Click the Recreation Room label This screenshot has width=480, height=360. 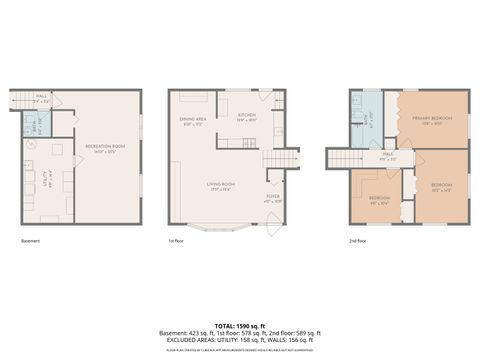pyautogui.click(x=105, y=149)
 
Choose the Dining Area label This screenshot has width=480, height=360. pyautogui.click(x=193, y=120)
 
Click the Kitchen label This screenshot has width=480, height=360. pyautogui.click(x=247, y=116)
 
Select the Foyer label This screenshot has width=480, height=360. pyautogui.click(x=272, y=198)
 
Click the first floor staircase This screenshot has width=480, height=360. pyautogui.click(x=282, y=158)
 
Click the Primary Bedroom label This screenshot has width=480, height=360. pyautogui.click(x=432, y=120)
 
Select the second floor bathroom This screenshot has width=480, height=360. pyautogui.click(x=367, y=118)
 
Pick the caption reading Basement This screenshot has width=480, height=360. pyautogui.click(x=30, y=242)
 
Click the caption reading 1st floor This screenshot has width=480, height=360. pyautogui.click(x=178, y=242)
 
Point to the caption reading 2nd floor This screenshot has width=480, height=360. pyautogui.click(x=357, y=242)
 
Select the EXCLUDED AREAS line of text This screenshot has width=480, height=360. pyautogui.click(x=240, y=340)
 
